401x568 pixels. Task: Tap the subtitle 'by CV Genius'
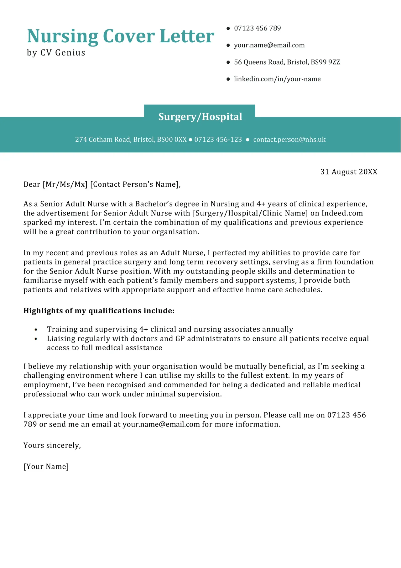56,53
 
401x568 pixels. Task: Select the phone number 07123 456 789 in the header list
257,28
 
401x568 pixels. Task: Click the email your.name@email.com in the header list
269,45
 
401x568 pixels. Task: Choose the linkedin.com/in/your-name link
277,79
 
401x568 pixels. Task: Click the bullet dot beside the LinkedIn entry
228,79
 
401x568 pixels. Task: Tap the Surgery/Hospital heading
200,117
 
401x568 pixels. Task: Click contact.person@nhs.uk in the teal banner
289,140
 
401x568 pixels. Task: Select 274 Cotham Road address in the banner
131,140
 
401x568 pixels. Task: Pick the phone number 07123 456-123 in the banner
218,140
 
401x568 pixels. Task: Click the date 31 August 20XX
349,172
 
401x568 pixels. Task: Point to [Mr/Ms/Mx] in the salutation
65,184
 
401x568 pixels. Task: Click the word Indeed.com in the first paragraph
342,213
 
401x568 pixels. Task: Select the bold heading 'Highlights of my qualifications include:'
99,311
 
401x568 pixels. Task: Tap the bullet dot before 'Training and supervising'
36,330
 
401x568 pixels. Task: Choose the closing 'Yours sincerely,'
52,445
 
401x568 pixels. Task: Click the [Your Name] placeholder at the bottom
46,467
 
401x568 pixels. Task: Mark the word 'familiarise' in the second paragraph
43,280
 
